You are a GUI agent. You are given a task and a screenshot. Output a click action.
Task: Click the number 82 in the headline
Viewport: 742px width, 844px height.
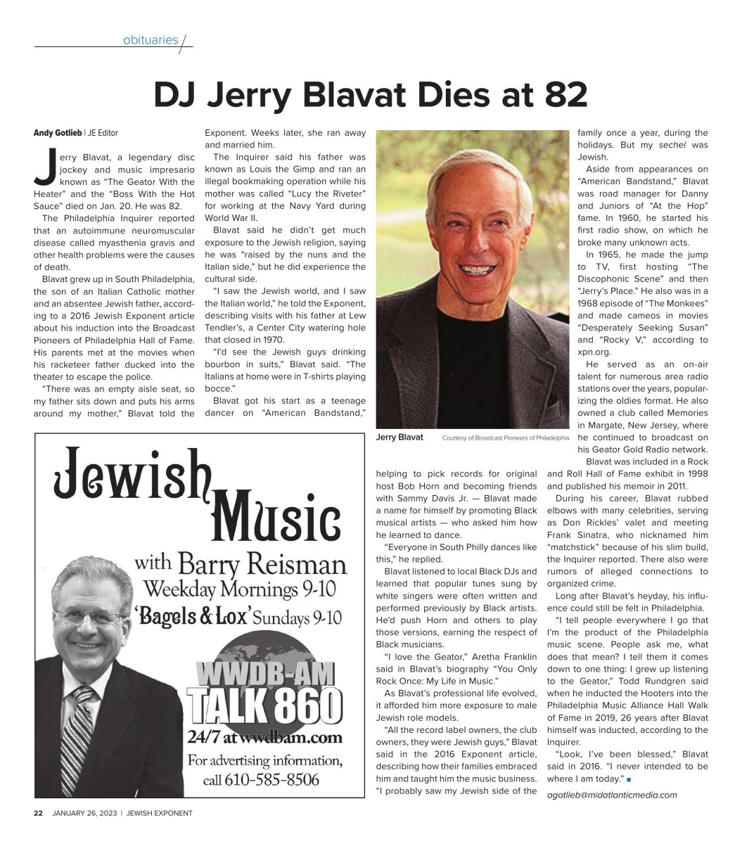pyautogui.click(x=561, y=96)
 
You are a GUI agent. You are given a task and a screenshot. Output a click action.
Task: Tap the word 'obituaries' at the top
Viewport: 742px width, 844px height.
pyautogui.click(x=151, y=40)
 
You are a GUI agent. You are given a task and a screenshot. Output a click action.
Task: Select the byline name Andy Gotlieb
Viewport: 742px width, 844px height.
pyautogui.click(x=58, y=133)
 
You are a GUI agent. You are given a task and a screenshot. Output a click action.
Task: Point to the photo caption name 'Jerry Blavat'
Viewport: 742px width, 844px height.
pyautogui.click(x=399, y=437)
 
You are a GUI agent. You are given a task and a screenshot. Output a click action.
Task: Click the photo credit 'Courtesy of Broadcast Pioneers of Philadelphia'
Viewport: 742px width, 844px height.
pyautogui.click(x=505, y=438)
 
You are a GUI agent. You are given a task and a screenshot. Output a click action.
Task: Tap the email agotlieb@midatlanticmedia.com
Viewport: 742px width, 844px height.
pyautogui.click(x=612, y=795)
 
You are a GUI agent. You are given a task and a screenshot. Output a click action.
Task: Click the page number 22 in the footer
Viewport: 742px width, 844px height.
pyautogui.click(x=39, y=813)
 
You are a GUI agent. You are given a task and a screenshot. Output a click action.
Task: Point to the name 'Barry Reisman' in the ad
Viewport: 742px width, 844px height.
pyautogui.click(x=262, y=564)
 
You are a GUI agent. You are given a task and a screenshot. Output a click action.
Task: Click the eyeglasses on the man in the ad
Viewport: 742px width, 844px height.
pyautogui.click(x=91, y=617)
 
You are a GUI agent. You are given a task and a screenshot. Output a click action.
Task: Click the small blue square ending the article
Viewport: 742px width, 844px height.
pyautogui.click(x=628, y=779)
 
